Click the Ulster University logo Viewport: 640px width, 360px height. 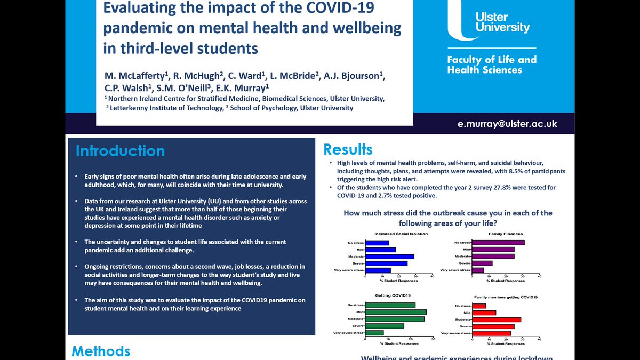[488, 25]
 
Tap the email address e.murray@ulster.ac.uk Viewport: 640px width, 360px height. [507, 123]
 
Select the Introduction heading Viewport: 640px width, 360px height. [120, 151]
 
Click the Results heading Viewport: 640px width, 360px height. [348, 149]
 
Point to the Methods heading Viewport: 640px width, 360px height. [101, 350]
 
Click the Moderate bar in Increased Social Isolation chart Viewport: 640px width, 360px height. [390, 256]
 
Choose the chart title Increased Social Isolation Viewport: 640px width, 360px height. [401, 234]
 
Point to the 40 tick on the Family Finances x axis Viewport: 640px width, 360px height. [539, 276]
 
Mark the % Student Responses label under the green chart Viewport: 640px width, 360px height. [399, 344]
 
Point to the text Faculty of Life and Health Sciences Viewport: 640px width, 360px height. [491, 65]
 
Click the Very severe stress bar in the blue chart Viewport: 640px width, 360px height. [378, 270]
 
